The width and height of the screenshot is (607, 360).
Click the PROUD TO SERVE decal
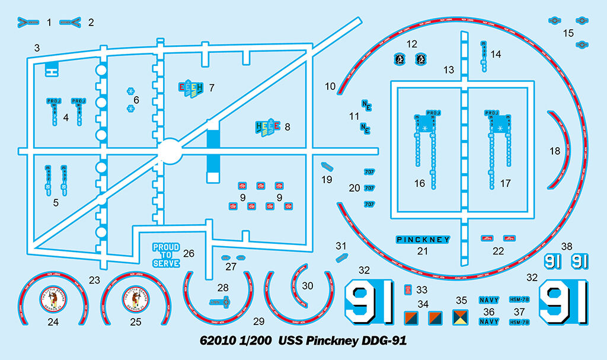pos(166,255)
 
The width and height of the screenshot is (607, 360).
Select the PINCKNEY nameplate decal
pos(423,240)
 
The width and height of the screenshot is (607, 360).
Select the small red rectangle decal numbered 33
pos(408,289)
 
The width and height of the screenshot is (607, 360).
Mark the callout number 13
pos(449,70)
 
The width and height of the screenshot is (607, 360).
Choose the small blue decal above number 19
pos(324,165)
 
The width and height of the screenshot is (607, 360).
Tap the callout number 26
pos(189,253)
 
